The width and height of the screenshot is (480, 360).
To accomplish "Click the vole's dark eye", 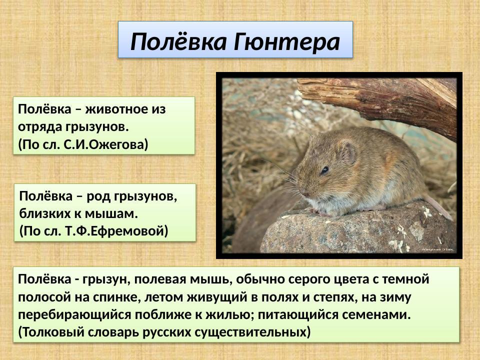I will click(325, 170).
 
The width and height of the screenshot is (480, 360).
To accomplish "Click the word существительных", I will click(250, 332).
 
